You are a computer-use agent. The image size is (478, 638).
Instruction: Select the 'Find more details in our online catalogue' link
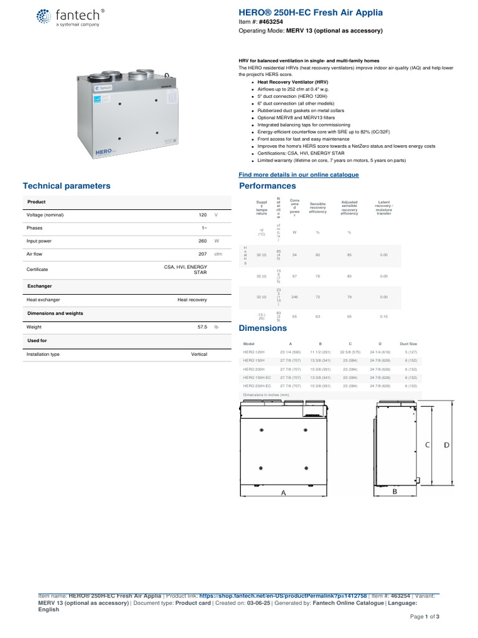[x=299, y=174]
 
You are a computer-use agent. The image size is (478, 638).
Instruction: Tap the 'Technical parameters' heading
[x=67, y=186]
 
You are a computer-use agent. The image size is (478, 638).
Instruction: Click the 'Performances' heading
[x=268, y=186]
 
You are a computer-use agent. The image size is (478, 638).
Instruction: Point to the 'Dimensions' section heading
[x=263, y=328]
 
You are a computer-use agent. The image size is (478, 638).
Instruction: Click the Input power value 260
[x=202, y=240]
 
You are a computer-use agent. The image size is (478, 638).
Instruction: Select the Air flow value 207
[x=202, y=254]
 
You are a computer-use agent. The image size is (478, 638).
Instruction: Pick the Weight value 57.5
[x=201, y=326]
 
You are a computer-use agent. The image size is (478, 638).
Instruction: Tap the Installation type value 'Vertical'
[x=199, y=354]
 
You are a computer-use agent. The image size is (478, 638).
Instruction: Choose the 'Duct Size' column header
[x=408, y=343]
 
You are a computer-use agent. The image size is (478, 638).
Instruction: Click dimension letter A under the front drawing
[x=283, y=492]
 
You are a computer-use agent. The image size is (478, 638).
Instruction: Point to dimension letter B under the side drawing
[x=395, y=492]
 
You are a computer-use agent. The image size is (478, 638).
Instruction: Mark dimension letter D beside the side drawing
[x=446, y=445]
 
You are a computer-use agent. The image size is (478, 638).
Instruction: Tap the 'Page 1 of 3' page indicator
[x=424, y=616]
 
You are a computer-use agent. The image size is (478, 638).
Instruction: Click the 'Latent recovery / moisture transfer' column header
[x=384, y=207]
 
